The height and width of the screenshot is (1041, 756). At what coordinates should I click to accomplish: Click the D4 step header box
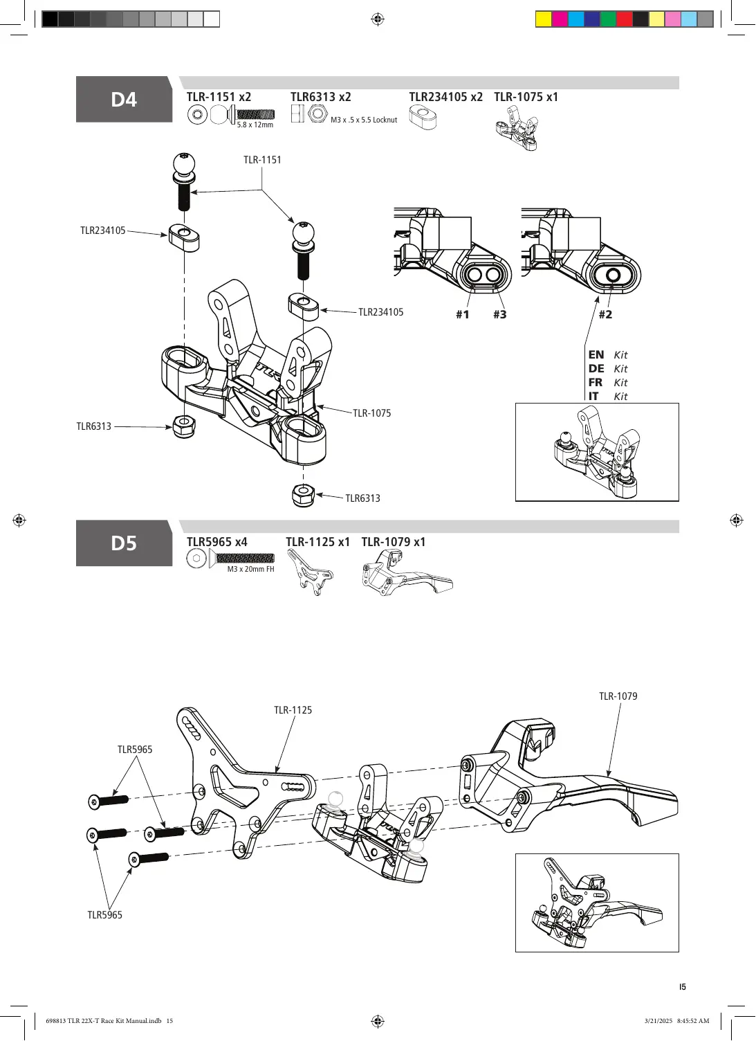coord(124,100)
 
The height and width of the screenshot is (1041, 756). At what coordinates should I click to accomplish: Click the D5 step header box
coord(124,543)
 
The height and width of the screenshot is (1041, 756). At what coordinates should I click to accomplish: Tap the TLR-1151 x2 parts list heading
coord(219,97)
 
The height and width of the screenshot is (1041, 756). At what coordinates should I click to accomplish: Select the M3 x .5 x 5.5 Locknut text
coord(364,120)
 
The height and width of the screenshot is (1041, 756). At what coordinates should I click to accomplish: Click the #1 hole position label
coord(463,315)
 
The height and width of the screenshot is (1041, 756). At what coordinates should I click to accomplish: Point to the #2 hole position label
coord(605,315)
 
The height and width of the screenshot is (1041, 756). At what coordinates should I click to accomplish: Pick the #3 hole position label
coord(500,315)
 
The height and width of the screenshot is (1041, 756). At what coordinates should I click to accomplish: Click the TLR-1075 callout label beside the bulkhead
coord(372,413)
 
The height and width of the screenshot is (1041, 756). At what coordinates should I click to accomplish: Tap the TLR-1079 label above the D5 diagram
coord(618,696)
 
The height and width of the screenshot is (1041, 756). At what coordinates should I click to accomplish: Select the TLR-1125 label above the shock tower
coord(293,710)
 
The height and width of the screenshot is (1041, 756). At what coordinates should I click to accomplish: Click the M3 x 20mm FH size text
coord(251,569)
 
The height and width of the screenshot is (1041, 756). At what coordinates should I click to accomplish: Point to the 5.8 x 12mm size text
coord(255,125)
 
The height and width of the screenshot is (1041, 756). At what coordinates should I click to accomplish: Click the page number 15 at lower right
coord(682,986)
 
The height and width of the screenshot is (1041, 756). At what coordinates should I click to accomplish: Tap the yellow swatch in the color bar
coord(544,19)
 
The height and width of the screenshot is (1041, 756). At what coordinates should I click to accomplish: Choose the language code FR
coord(596,383)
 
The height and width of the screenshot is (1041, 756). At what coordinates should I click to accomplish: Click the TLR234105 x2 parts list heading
coord(446,97)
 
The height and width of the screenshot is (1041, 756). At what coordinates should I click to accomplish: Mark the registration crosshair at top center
coord(378,19)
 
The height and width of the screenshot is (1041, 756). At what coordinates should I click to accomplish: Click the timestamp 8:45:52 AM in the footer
coord(693,1020)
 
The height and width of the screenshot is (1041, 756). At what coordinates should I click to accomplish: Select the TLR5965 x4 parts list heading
coord(217,542)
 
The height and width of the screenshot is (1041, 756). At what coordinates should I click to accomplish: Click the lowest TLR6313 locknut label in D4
coord(362,498)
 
